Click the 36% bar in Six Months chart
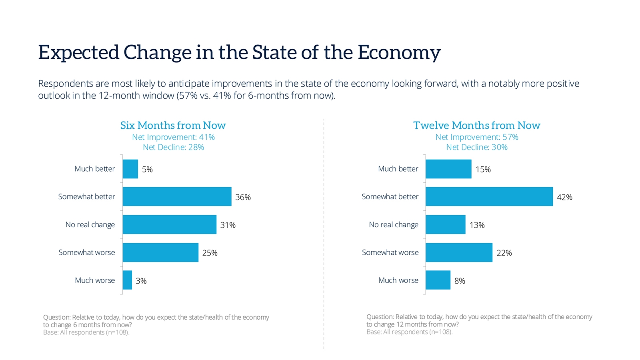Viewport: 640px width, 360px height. pyautogui.click(x=177, y=196)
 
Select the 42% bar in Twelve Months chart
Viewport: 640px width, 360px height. pyautogui.click(x=489, y=196)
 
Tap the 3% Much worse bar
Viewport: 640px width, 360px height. pyautogui.click(x=127, y=280)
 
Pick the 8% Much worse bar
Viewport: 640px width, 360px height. pyautogui.click(x=438, y=280)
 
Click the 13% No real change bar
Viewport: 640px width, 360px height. pyautogui.click(x=445, y=224)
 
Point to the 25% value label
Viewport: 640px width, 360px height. pyautogui.click(x=210, y=253)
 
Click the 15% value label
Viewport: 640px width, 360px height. pyautogui.click(x=483, y=169)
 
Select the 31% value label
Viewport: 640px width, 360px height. pyautogui.click(x=228, y=225)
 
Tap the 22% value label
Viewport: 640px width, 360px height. pyautogui.click(x=504, y=253)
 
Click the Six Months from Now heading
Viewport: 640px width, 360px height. pyautogui.click(x=173, y=126)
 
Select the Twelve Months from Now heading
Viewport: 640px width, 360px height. pyautogui.click(x=476, y=126)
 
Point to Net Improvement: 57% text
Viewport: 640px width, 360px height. pyautogui.click(x=476, y=137)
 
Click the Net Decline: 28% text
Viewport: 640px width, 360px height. pyautogui.click(x=173, y=147)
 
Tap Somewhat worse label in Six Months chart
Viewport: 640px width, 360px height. pyautogui.click(x=86, y=252)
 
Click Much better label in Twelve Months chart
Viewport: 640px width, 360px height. pyautogui.click(x=398, y=169)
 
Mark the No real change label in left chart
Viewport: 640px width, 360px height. pyautogui.click(x=90, y=225)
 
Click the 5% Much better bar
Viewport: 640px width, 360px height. pyautogui.click(x=130, y=169)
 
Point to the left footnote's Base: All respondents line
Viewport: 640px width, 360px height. pyautogui.click(x=86, y=332)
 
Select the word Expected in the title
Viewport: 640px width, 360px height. pyautogui.click(x=78, y=53)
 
